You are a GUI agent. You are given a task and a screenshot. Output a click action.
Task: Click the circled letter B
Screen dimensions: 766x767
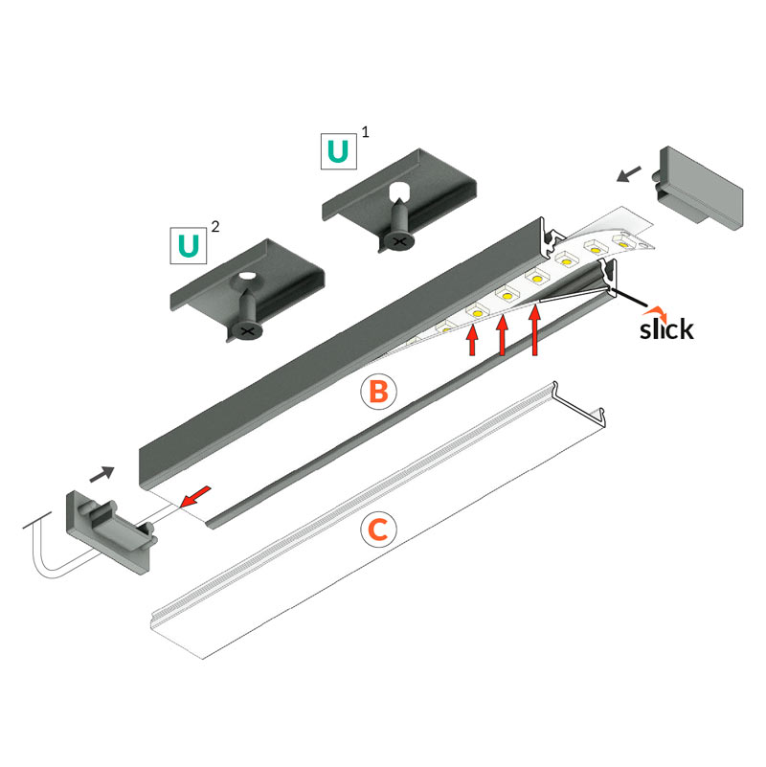378,392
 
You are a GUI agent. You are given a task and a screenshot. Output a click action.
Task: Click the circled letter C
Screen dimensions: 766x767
378,530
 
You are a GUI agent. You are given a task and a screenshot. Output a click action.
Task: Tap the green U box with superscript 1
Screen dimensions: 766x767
339,151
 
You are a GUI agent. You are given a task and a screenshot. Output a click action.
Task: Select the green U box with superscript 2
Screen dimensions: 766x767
189,245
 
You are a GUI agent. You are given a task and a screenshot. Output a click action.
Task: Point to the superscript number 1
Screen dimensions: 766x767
365,131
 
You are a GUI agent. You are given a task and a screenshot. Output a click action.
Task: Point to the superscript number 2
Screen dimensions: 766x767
214,226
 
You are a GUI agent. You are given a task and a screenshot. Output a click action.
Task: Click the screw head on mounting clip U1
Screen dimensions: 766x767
399,240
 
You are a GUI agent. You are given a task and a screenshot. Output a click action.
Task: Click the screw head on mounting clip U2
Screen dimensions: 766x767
247,331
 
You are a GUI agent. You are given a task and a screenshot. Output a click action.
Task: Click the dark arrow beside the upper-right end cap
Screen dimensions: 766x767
628,174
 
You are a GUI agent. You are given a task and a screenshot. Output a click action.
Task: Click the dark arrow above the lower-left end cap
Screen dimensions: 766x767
102,474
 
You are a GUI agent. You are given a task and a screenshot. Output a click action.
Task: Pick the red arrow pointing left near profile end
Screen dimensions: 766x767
195,497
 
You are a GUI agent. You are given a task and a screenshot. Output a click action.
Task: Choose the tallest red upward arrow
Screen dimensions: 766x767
534,329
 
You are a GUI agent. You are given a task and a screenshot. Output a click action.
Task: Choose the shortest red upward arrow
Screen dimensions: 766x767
472,341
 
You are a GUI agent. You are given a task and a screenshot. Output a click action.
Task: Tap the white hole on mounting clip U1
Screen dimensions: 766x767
399,190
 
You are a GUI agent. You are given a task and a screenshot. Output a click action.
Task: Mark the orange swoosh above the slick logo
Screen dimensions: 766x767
655,311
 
